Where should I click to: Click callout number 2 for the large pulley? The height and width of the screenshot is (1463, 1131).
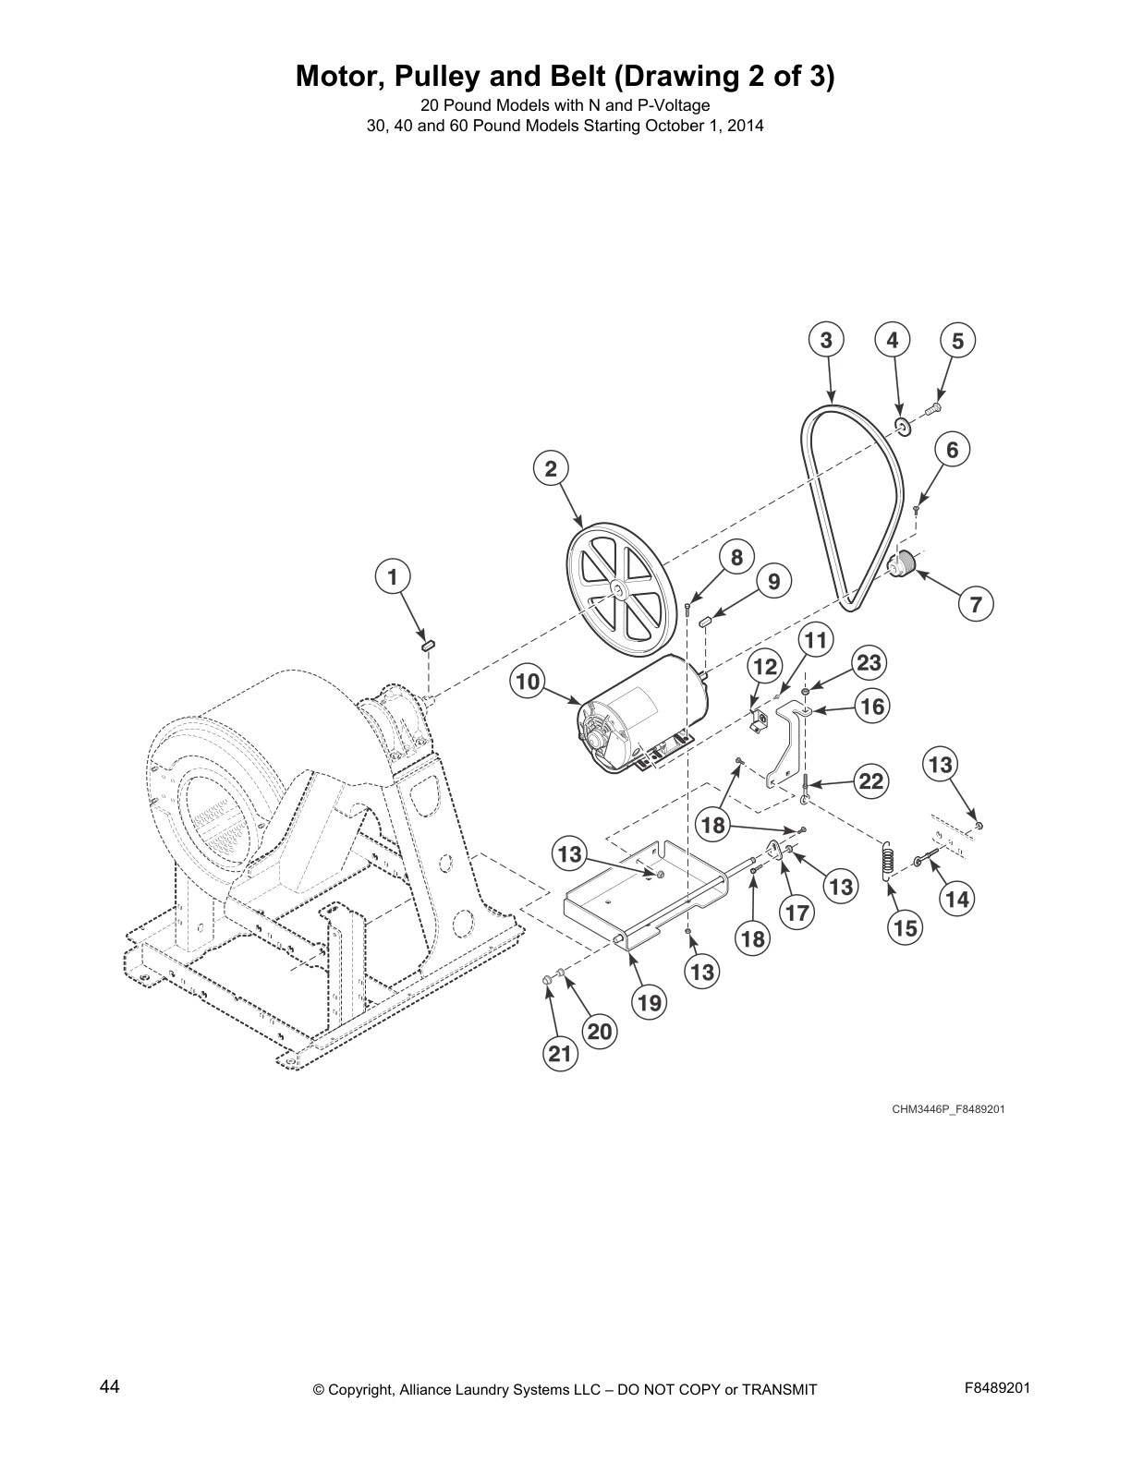coord(551,469)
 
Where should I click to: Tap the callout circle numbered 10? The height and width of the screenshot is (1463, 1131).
coord(527,683)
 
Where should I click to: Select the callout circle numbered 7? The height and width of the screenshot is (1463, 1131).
coord(976,606)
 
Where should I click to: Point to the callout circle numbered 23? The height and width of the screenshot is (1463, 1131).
coord(868,663)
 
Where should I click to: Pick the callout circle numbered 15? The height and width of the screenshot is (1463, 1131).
coord(906,927)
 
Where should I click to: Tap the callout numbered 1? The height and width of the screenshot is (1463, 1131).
coord(393,578)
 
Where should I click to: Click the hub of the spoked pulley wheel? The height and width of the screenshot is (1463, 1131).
coord(615,587)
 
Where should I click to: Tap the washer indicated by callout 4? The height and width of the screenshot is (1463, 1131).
coord(902,426)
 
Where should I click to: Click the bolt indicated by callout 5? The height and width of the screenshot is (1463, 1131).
coord(933,406)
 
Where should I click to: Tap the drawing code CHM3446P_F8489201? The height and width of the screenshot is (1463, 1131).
coord(947,1109)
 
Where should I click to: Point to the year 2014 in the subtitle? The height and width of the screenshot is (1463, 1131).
coord(746,127)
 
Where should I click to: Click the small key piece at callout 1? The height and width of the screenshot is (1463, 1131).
coord(428,644)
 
